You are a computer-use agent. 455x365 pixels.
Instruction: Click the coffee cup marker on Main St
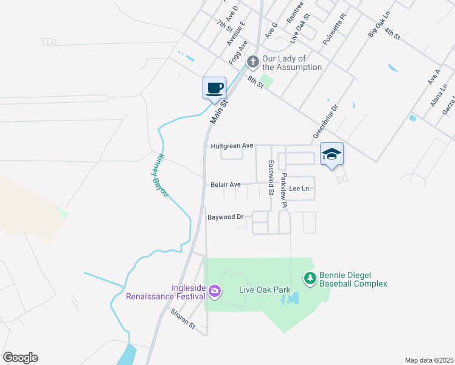coord(214,88)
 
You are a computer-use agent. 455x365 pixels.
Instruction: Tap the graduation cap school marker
coord(332,155)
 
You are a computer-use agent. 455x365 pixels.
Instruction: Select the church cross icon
coord(252,62)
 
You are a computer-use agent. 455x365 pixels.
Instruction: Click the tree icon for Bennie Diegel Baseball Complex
coord(310,279)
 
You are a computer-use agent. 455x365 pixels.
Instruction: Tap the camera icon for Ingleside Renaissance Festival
coord(214,291)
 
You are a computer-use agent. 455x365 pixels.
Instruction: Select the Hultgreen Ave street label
coord(232,146)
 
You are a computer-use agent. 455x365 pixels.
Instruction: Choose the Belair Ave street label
coord(226,184)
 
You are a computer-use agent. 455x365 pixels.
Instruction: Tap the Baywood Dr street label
coord(225,217)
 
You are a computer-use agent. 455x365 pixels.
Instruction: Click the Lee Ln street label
coord(299,189)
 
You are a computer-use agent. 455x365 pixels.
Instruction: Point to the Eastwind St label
coord(271,172)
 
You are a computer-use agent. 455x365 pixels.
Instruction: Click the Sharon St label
coord(182,319)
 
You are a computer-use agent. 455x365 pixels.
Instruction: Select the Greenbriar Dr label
coord(325,123)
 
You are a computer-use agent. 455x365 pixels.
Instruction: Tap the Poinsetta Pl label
coord(335,29)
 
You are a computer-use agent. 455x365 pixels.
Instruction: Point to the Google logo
coord(20,358)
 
